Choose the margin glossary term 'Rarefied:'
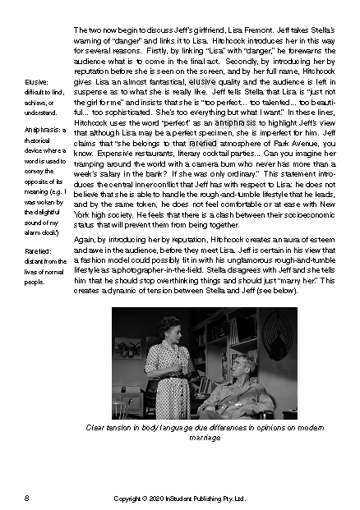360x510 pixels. coord(38,252)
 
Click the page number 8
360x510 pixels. coord(27,499)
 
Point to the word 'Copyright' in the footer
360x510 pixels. coord(128,499)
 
